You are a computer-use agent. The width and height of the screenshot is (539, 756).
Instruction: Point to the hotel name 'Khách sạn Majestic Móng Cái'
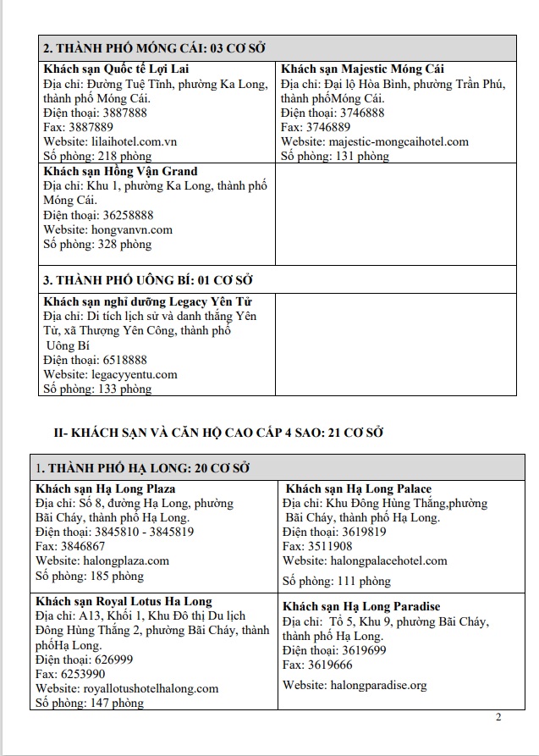[362, 69]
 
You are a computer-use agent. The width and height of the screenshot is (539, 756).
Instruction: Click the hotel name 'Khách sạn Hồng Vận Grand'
[120, 171]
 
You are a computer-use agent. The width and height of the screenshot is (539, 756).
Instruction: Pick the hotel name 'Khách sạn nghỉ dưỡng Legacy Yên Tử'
[147, 301]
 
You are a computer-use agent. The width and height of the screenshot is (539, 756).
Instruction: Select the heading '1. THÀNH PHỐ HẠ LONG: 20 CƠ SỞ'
[142, 467]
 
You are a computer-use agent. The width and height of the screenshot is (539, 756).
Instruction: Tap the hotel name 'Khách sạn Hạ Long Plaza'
[106, 488]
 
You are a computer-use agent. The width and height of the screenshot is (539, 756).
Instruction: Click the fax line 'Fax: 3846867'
[71, 546]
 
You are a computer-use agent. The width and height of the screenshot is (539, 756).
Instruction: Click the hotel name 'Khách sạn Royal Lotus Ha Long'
[124, 602]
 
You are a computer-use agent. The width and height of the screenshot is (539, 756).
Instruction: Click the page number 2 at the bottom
[498, 718]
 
